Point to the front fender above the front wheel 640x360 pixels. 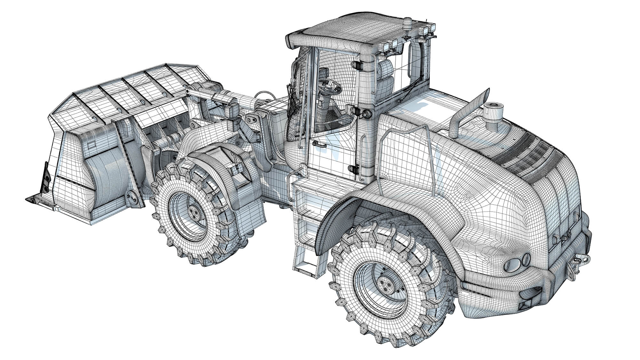click(x=221, y=166)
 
